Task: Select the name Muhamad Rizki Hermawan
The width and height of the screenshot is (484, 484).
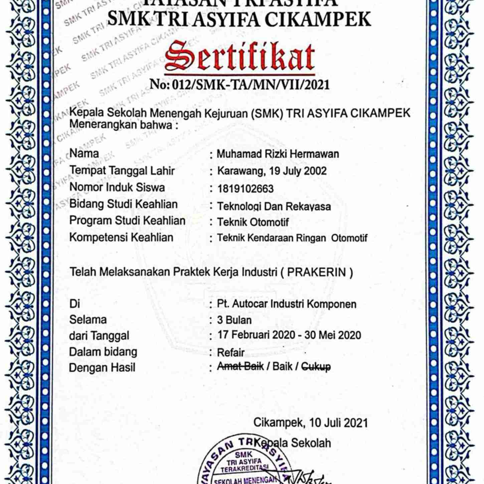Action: point(278,154)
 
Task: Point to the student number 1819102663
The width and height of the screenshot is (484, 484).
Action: point(246,189)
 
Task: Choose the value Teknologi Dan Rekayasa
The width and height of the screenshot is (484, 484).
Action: point(274,206)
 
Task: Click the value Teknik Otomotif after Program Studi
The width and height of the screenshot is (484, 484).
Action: point(253,222)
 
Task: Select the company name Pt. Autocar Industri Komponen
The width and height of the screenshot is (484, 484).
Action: point(287,304)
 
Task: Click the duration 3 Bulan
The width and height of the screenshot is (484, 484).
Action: point(234,320)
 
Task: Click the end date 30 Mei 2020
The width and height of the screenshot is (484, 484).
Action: point(333,335)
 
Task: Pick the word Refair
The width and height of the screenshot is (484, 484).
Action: point(231,352)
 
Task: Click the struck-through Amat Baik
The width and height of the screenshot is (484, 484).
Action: point(240,366)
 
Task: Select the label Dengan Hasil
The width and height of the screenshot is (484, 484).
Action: point(102,368)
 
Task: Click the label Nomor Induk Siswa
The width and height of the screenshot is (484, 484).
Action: point(117,187)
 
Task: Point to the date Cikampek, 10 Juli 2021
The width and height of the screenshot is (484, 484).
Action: point(311,423)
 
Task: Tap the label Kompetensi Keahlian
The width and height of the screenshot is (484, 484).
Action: point(121,237)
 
